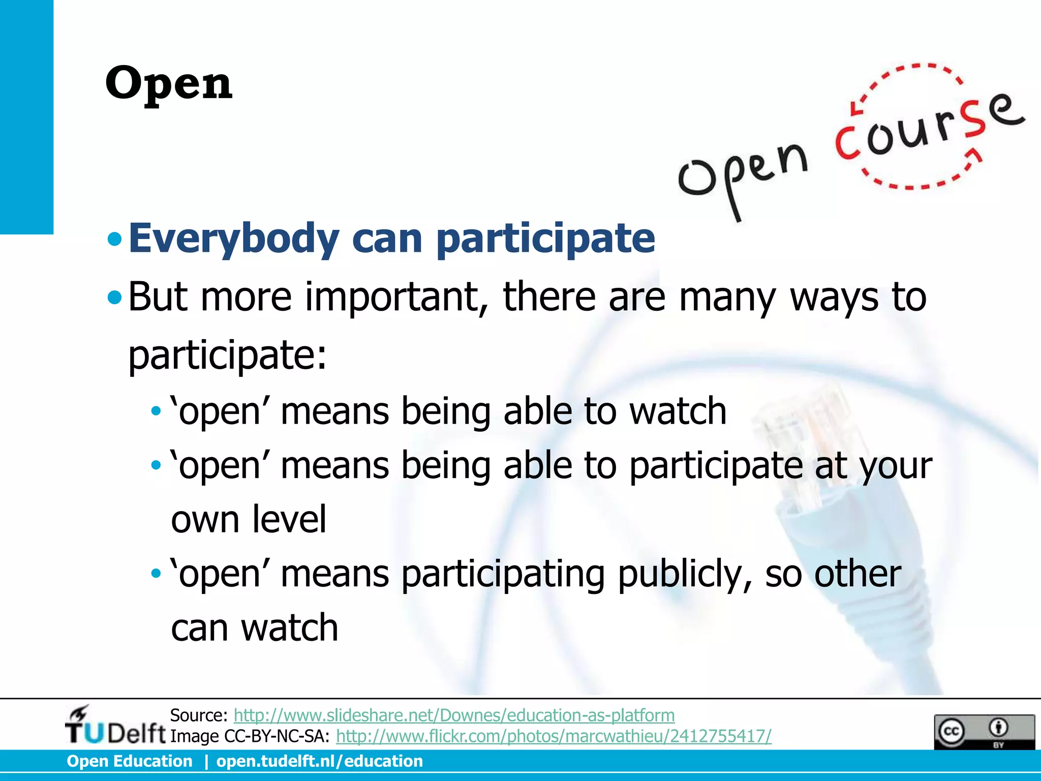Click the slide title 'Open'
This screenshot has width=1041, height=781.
pos(169,83)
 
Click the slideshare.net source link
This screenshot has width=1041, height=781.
pos(454,715)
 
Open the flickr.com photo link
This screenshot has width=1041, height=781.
pos(554,736)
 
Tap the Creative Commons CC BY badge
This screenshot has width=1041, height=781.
pos(984,732)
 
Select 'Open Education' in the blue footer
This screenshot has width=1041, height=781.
pos(130,761)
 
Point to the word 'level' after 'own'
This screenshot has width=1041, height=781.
pos(289,520)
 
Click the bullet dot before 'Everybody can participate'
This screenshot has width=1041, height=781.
pos(115,238)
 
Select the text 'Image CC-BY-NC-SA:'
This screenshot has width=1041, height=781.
pos(250,736)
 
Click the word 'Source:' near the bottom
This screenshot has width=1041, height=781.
pos(199,715)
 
